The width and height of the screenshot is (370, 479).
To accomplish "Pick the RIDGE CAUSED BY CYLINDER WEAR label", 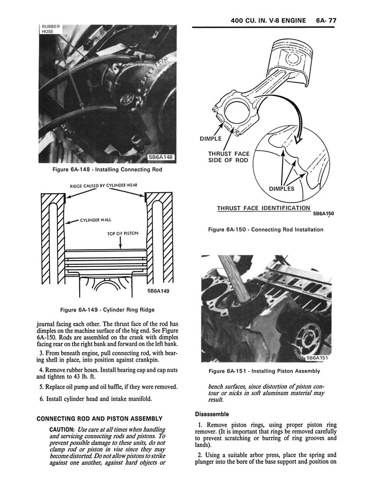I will pyautogui.click(x=104, y=186).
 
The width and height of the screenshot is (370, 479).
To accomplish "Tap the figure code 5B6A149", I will pyautogui.click(x=160, y=290).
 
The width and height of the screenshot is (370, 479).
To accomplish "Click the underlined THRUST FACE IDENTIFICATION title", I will pyautogui.click(x=263, y=208).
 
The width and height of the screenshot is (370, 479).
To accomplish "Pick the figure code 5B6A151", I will pyautogui.click(x=318, y=358).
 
